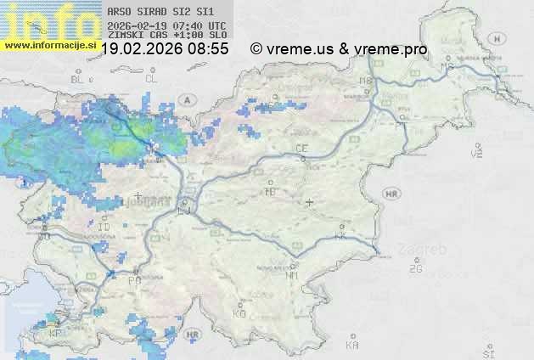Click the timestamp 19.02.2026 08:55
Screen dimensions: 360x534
[165, 49]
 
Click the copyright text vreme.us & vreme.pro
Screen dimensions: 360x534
[339, 49]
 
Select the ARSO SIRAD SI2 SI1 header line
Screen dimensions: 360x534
[155, 13]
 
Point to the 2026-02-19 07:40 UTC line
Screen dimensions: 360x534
[166, 26]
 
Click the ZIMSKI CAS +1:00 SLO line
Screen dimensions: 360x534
[166, 37]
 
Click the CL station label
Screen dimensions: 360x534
[151, 78]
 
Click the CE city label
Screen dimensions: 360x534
[301, 149]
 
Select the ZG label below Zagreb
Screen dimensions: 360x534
[415, 269]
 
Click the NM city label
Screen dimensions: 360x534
[292, 276]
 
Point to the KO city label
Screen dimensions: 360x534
[239, 314]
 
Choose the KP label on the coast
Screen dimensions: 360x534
[57, 334]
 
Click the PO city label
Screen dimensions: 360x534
[134, 280]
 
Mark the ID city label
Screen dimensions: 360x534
[104, 228]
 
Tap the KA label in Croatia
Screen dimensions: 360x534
[352, 345]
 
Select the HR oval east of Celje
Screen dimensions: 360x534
[391, 194]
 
